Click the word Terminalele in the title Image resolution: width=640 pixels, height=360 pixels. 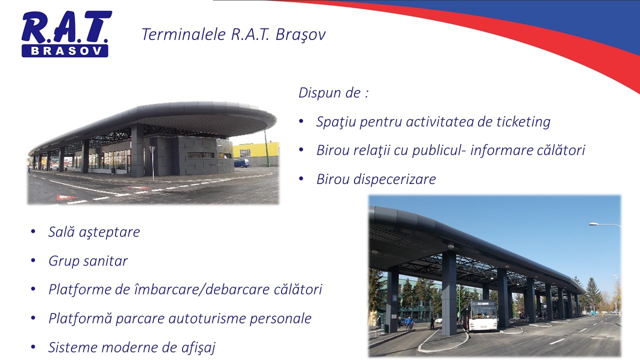point(184,34)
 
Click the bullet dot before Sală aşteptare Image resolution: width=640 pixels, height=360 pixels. point(33,231)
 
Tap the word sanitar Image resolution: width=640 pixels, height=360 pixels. point(105,261)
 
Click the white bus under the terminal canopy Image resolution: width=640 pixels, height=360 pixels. point(482,315)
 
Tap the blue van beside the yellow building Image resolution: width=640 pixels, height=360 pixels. point(241,163)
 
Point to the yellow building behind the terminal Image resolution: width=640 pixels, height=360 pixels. point(256,149)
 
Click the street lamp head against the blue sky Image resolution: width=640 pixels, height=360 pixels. point(593,224)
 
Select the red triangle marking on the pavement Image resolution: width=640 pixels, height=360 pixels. point(66,197)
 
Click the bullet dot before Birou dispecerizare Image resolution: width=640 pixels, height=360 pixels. point(301,179)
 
